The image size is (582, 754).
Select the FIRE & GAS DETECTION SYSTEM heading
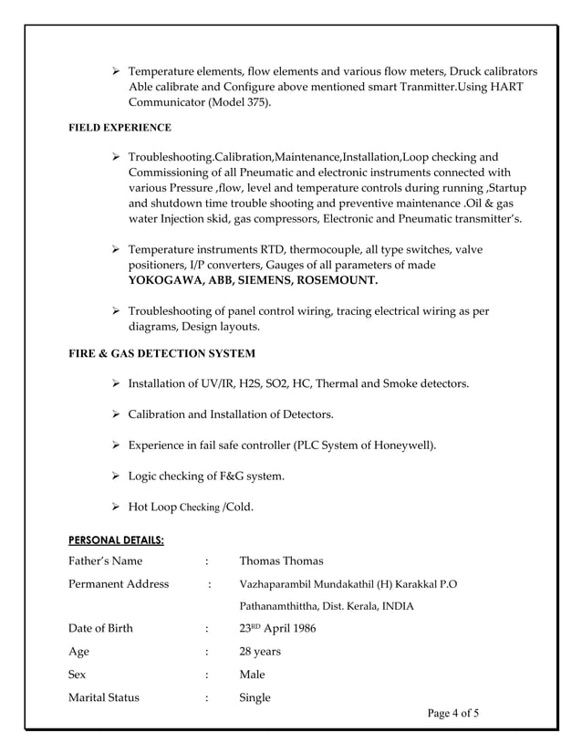161,353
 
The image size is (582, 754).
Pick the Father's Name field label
105,561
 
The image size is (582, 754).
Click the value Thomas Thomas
281,561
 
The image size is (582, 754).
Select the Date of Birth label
102,629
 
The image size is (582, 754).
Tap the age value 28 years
260,652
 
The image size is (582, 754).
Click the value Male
252,675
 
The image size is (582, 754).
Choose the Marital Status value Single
255,697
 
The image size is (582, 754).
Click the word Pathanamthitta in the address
278,606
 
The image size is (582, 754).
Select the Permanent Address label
119,584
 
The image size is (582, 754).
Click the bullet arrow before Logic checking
116,476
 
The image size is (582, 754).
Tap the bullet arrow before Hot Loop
116,508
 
